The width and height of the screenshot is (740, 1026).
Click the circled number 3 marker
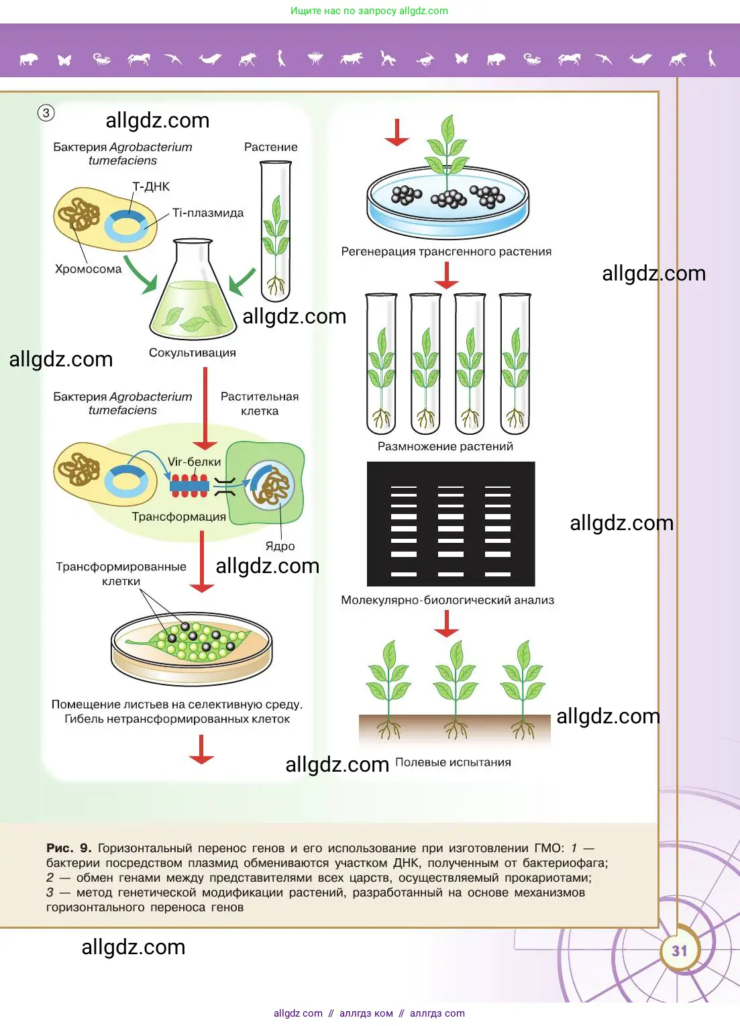tap(46, 113)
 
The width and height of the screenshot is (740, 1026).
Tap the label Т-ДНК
tap(151, 187)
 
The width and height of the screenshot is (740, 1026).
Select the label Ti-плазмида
tap(208, 213)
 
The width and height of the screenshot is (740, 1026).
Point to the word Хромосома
tap(88, 269)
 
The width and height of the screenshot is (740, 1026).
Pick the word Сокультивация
tap(193, 353)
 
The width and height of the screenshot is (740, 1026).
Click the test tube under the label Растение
tap(276, 232)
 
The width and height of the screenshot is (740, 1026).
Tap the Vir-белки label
tap(194, 462)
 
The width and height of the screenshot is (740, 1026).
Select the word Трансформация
tap(178, 517)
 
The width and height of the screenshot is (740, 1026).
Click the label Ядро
tap(280, 546)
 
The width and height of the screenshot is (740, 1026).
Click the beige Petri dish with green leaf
tap(192, 648)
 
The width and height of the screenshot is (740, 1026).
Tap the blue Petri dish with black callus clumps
tap(447, 201)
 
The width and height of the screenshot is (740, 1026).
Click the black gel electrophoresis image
tap(451, 523)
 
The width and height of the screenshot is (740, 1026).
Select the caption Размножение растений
tap(445, 447)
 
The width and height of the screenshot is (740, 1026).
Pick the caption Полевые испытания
tap(453, 762)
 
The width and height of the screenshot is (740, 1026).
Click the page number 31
tap(680, 951)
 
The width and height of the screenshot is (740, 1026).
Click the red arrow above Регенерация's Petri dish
tap(397, 133)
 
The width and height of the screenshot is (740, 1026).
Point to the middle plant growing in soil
tap(456, 688)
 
